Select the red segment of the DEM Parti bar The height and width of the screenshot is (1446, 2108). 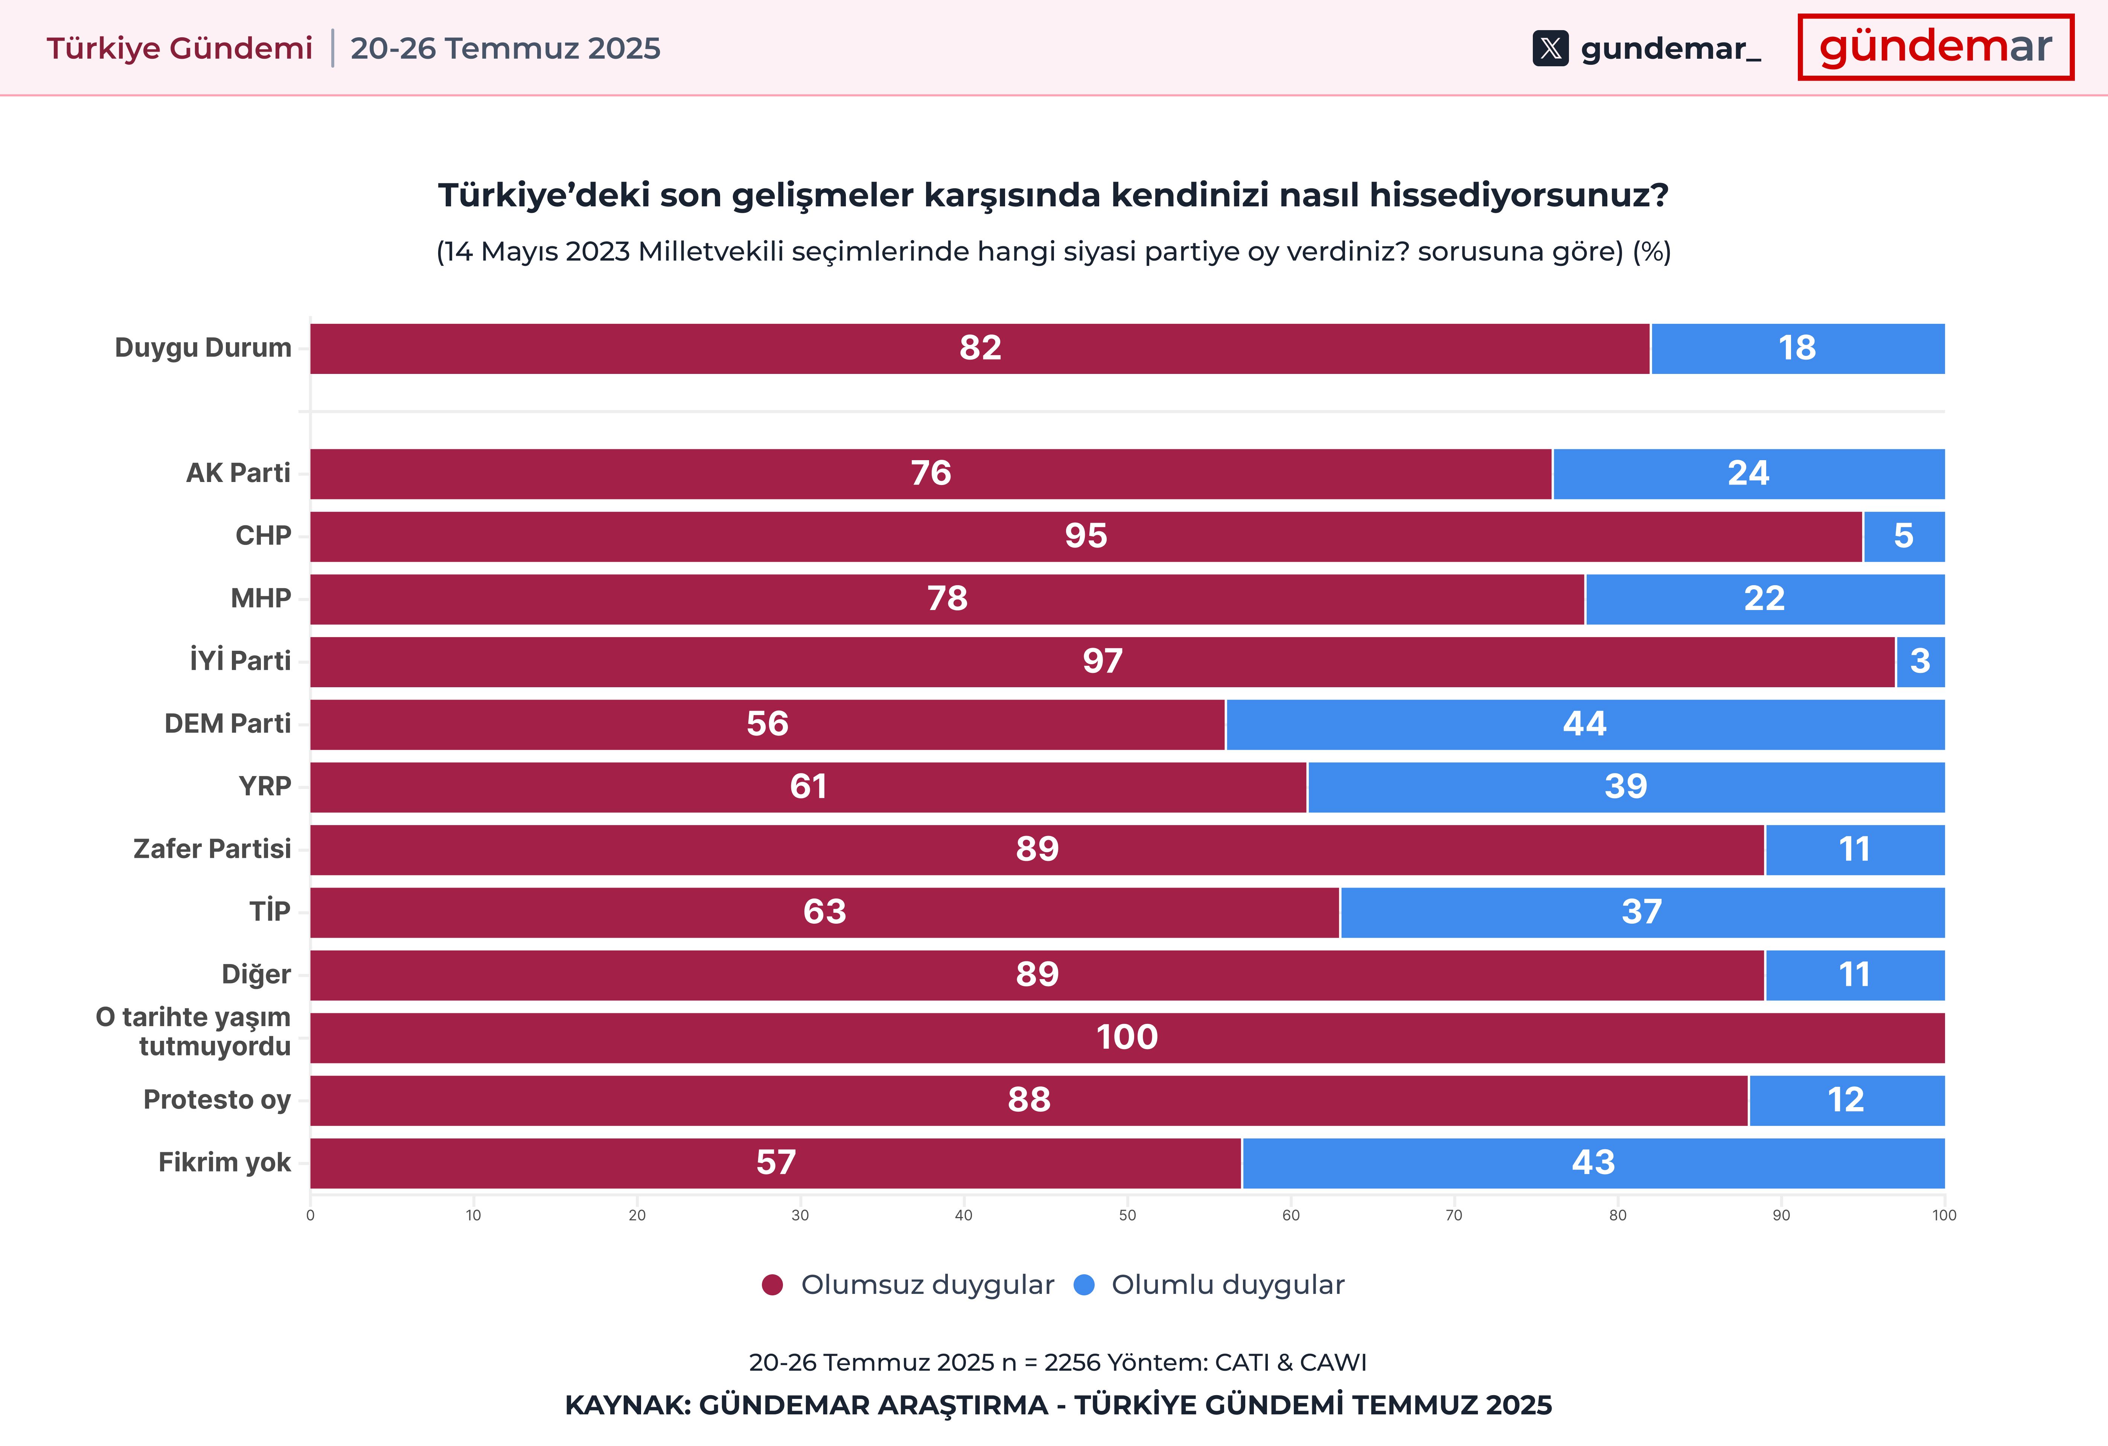click(768, 724)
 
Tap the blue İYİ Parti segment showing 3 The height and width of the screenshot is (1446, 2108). click(1919, 661)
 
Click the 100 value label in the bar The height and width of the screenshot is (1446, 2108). click(1127, 1037)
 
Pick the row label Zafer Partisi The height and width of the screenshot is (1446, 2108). click(212, 849)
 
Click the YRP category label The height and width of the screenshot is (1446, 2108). click(265, 787)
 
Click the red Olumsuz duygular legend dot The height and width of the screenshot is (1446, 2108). click(772, 1286)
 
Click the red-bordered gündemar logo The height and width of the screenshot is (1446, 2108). click(1935, 47)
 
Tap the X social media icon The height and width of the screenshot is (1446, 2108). click(1550, 48)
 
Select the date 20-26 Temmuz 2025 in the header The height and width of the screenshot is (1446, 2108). click(505, 48)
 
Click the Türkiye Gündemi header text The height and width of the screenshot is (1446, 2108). click(180, 48)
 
